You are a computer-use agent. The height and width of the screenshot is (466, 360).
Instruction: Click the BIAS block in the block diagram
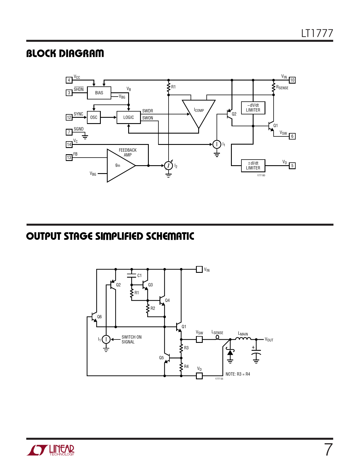[x=99, y=93]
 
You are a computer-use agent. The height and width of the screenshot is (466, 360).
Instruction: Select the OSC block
[x=94, y=117]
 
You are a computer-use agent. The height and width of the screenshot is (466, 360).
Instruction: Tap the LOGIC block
[x=129, y=117]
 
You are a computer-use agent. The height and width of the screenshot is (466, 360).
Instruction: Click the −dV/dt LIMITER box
[x=253, y=108]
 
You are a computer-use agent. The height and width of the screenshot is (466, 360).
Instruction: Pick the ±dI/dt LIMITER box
[x=253, y=166]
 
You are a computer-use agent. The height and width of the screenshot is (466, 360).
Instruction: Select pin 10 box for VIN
[x=292, y=80]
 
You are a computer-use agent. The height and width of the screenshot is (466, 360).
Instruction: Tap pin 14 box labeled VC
[x=69, y=144]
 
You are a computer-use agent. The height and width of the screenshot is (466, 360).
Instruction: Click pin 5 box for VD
[x=292, y=166]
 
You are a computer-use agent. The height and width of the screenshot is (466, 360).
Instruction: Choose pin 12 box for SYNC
[x=69, y=117]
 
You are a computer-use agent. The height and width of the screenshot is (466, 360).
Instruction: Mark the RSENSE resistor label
[x=282, y=87]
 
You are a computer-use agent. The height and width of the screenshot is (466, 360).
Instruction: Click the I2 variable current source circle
[x=169, y=166]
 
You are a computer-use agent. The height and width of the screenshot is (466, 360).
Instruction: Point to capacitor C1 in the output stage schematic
[x=132, y=276]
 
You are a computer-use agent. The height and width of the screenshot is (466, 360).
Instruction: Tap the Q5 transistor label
[x=161, y=358]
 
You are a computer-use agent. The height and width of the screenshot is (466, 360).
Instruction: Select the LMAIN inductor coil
[x=243, y=339]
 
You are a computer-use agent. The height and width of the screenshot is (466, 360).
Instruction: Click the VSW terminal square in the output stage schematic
[x=199, y=339]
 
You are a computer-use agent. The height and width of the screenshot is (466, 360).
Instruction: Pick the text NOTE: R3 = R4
[x=237, y=374]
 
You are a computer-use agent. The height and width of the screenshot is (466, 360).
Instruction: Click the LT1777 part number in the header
[x=317, y=33]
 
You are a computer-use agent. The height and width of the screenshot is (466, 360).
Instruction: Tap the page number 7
[x=328, y=450]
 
